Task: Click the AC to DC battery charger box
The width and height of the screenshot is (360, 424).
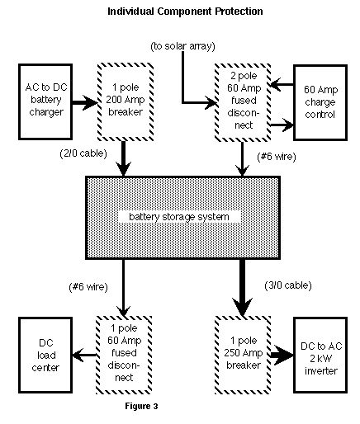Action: pyautogui.click(x=45, y=102)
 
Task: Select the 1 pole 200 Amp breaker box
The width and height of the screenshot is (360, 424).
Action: pyautogui.click(x=126, y=102)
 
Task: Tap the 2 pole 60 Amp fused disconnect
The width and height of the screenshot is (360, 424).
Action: pyautogui.click(x=243, y=102)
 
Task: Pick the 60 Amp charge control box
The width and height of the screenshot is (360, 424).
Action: pyautogui.click(x=320, y=102)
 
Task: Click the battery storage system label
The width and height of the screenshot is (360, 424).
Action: pyautogui.click(x=179, y=217)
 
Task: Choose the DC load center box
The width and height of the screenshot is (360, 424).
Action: pyautogui.click(x=45, y=355)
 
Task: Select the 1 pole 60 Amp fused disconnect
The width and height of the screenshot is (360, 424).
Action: pyautogui.click(x=124, y=355)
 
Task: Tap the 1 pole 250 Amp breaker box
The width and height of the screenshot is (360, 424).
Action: pyautogui.click(x=243, y=355)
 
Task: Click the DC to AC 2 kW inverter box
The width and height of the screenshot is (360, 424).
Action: pyautogui.click(x=320, y=355)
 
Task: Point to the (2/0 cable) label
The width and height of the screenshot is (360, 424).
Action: pyautogui.click(x=83, y=153)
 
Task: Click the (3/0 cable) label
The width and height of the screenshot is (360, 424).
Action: pyautogui.click(x=288, y=285)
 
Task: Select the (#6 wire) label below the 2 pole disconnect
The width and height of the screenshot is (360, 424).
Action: pyautogui.click(x=277, y=157)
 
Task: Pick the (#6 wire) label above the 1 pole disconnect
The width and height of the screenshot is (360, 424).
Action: pyautogui.click(x=88, y=287)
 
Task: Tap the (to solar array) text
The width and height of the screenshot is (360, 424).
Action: pyautogui.click(x=182, y=46)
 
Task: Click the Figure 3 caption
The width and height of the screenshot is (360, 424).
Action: pyautogui.click(x=141, y=406)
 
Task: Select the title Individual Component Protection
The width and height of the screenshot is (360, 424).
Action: pyautogui.click(x=185, y=12)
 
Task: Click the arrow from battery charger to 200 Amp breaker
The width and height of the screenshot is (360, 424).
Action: pyautogui.click(x=85, y=102)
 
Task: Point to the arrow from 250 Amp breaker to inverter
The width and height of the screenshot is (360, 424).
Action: pyautogui.click(x=282, y=355)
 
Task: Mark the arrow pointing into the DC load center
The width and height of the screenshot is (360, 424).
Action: pyautogui.click(x=84, y=355)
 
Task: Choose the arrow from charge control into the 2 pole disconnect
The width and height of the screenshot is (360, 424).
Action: pyautogui.click(x=282, y=84)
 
